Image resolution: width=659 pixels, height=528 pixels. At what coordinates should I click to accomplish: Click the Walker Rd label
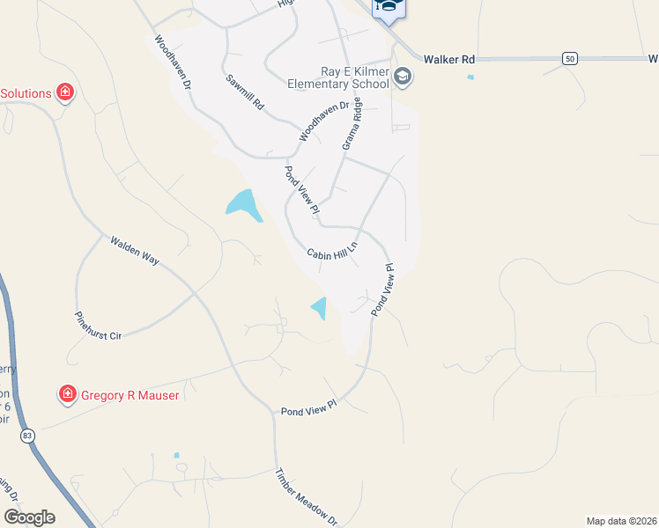(x=449, y=59)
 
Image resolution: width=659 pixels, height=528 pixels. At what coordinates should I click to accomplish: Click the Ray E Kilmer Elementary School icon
(x=404, y=77)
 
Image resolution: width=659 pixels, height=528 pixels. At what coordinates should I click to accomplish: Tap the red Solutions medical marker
(x=64, y=92)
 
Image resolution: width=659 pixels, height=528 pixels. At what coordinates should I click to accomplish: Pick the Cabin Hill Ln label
(x=333, y=253)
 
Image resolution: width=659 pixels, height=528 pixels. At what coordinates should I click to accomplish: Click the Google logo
(x=30, y=517)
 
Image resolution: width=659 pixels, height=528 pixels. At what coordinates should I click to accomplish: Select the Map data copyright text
(x=622, y=520)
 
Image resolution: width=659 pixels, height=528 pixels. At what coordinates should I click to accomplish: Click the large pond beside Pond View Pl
(x=243, y=203)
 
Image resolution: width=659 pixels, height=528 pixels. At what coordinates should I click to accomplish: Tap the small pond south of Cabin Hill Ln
(x=319, y=308)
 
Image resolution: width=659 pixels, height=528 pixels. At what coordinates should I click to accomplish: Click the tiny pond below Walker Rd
(x=470, y=77)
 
